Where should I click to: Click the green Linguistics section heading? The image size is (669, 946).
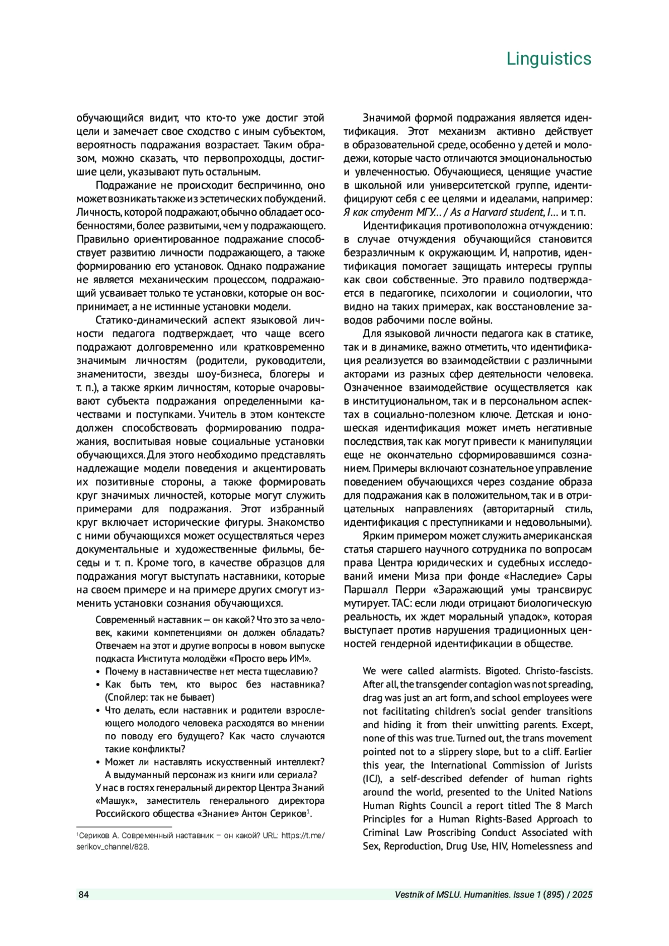click(549, 59)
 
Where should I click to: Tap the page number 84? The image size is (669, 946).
click(84, 895)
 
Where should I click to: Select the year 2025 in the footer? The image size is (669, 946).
click(581, 895)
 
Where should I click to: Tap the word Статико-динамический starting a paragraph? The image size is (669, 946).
click(147, 321)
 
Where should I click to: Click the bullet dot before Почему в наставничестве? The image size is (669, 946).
click(99, 672)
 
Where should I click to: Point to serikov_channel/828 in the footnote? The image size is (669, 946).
click(113, 846)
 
